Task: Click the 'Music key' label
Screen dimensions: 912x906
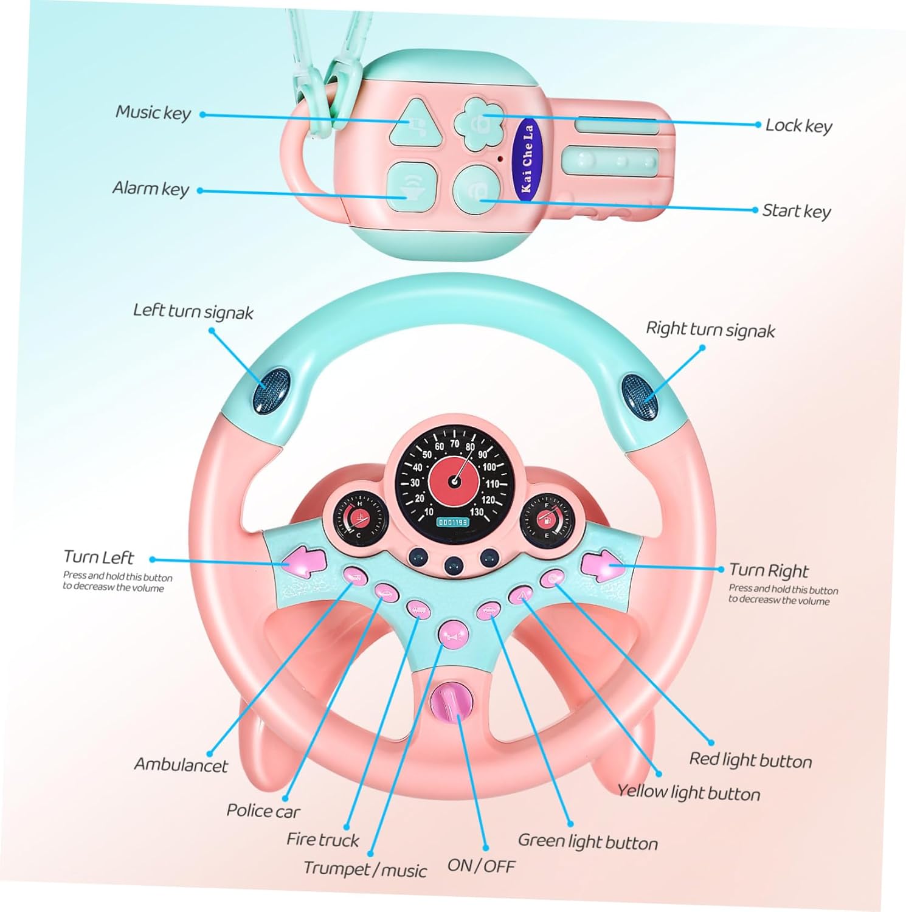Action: click(153, 112)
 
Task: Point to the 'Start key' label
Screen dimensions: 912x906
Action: click(796, 211)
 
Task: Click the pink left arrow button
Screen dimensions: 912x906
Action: click(302, 562)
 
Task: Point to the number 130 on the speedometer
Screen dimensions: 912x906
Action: click(478, 512)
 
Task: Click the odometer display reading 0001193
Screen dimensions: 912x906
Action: click(452, 522)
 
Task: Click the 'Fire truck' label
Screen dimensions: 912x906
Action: click(323, 840)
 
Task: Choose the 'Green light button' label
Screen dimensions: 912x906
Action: click(587, 842)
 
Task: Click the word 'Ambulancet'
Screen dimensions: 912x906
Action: click(181, 764)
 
